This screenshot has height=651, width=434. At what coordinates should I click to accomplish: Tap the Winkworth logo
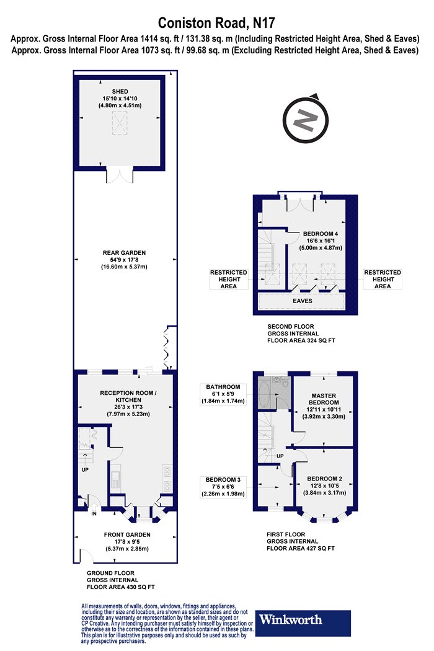click(x=303, y=622)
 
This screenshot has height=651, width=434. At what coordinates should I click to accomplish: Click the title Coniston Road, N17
click(x=216, y=22)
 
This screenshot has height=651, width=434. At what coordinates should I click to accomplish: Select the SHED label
click(x=120, y=91)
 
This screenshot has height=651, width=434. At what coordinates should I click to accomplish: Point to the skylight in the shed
click(x=120, y=123)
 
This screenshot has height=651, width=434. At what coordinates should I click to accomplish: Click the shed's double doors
click(x=120, y=175)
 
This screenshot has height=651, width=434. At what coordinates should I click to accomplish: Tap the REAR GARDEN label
click(x=124, y=252)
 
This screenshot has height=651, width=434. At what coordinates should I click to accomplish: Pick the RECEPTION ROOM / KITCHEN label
click(x=128, y=396)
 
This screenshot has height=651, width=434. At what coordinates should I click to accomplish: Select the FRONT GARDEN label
click(x=127, y=534)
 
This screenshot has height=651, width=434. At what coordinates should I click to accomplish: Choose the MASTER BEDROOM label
click(x=324, y=399)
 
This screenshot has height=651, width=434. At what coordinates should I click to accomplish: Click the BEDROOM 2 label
click(x=325, y=479)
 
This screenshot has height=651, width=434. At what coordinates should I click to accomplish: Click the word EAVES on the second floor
click(x=303, y=301)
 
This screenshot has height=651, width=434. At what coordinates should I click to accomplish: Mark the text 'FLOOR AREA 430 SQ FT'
click(x=120, y=587)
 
